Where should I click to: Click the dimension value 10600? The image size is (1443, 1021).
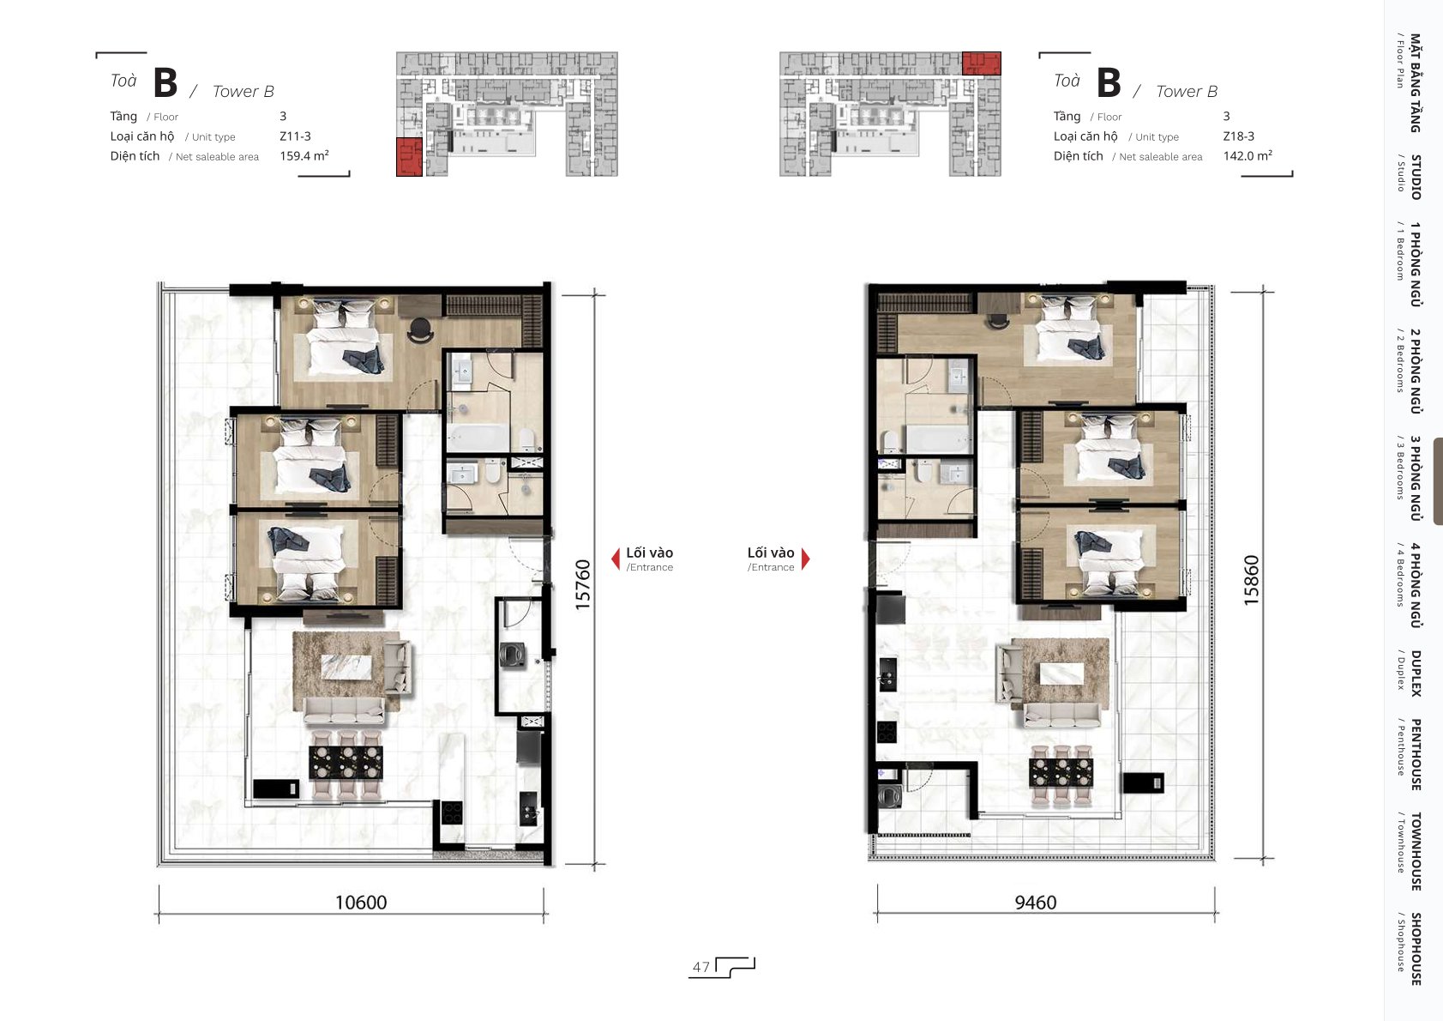pyautogui.click(x=361, y=902)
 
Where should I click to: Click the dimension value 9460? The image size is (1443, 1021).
pyautogui.click(x=1035, y=902)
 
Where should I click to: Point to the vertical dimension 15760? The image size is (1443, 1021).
pyautogui.click(x=582, y=584)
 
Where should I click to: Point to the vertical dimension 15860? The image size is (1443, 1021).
pyautogui.click(x=1250, y=580)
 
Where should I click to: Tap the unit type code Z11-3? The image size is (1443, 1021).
pyautogui.click(x=295, y=136)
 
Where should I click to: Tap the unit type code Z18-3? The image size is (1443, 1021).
pyautogui.click(x=1238, y=136)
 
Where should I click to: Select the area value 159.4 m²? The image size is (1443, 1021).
pyautogui.click(x=304, y=155)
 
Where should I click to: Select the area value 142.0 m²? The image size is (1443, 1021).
pyautogui.click(x=1248, y=155)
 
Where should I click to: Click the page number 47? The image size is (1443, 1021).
pyautogui.click(x=700, y=967)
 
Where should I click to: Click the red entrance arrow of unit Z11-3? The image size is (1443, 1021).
pyautogui.click(x=616, y=559)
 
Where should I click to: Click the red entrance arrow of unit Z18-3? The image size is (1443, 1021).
pyautogui.click(x=805, y=559)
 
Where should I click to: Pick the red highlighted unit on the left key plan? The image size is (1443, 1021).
pyautogui.click(x=409, y=157)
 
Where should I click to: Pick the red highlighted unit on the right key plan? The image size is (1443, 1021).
pyautogui.click(x=981, y=63)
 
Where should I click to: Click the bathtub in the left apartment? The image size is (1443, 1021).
pyautogui.click(x=478, y=438)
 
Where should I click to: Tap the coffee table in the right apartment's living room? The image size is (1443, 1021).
pyautogui.click(x=1061, y=674)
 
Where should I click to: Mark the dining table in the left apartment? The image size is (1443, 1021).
pyautogui.click(x=346, y=763)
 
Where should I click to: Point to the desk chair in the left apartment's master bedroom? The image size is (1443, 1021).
pyautogui.click(x=420, y=330)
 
